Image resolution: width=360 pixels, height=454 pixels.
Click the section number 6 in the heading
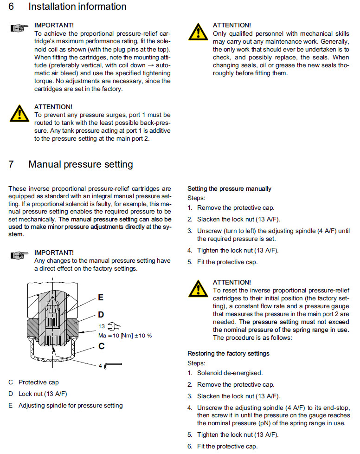click(x=11, y=7)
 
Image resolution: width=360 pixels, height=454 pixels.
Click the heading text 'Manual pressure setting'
click(x=80, y=164)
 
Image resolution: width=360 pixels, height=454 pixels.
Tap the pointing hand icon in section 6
click(x=19, y=29)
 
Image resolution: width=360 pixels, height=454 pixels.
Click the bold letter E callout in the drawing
click(x=101, y=298)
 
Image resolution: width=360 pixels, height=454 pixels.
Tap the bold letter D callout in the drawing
click(x=101, y=315)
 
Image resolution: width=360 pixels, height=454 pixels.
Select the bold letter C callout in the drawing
click(x=101, y=346)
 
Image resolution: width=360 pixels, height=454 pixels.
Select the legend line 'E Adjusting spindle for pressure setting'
click(x=65, y=405)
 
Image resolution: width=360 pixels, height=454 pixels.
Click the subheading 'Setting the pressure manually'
click(x=229, y=189)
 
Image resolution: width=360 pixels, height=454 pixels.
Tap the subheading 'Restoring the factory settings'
click(x=228, y=354)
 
